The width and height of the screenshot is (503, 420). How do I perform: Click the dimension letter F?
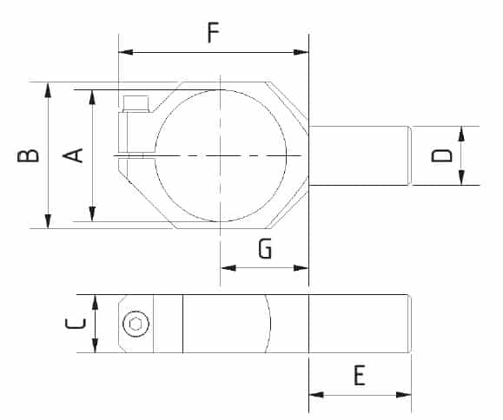(x=214, y=32)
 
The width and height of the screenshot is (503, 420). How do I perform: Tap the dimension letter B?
(x=28, y=155)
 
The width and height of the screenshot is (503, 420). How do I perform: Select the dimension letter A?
(x=73, y=155)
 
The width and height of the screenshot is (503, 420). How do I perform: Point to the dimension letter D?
(x=441, y=155)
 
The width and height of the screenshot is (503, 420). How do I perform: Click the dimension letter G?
(x=265, y=248)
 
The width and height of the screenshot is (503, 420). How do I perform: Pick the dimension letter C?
(x=76, y=324)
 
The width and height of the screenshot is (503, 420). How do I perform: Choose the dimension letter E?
(x=360, y=375)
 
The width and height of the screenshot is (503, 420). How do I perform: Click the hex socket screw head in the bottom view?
(x=136, y=324)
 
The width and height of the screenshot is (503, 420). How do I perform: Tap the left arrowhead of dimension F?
(x=126, y=52)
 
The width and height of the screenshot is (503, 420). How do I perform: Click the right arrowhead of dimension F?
(x=301, y=52)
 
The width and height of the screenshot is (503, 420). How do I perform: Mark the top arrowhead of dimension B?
(x=48, y=89)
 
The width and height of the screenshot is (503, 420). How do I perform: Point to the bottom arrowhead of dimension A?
(x=92, y=214)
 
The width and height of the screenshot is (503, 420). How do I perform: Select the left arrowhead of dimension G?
(x=228, y=268)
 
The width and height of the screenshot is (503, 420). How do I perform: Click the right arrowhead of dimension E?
(x=404, y=395)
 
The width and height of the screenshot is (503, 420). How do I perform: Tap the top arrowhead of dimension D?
(x=461, y=134)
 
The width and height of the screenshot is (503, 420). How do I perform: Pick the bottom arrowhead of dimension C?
(x=95, y=345)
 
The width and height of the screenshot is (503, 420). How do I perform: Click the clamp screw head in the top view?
(x=136, y=104)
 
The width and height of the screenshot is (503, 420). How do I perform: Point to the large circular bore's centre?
(x=221, y=156)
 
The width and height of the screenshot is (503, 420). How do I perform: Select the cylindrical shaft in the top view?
(x=360, y=155)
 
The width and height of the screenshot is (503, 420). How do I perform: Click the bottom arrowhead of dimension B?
(x=48, y=221)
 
